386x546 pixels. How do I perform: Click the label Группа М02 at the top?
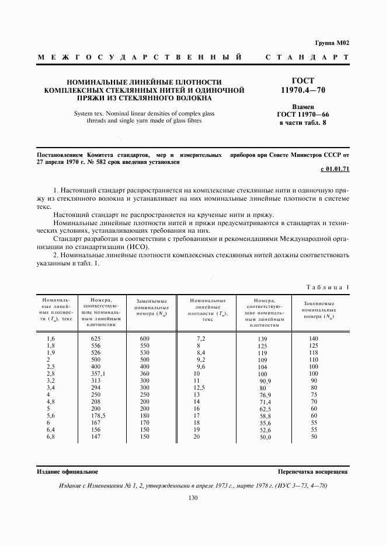pos(332,43)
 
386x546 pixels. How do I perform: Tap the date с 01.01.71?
pos(335,170)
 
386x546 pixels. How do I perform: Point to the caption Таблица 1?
pos(328,287)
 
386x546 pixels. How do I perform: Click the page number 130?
pos(193,498)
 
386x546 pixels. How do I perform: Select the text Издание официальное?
pos(68,471)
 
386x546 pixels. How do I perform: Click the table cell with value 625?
pos(96,338)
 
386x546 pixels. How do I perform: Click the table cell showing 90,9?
pos(266,381)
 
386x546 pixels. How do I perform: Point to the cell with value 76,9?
pos(266,395)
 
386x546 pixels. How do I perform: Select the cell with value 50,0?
pos(266,437)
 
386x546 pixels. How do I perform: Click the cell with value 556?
pos(96,345)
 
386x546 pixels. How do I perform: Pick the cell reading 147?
pos(96,436)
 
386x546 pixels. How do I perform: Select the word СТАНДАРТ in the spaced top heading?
pos(307,58)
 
